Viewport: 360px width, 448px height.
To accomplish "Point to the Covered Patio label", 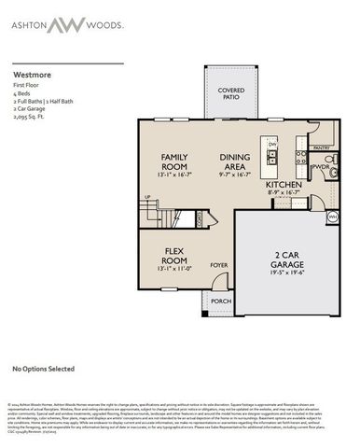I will click(231, 94).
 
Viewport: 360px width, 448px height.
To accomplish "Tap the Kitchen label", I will click(284, 185).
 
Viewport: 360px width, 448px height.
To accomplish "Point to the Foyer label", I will click(218, 264).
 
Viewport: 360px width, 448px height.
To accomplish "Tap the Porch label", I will click(220, 301).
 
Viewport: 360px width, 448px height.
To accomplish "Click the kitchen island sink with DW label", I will click(272, 155).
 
